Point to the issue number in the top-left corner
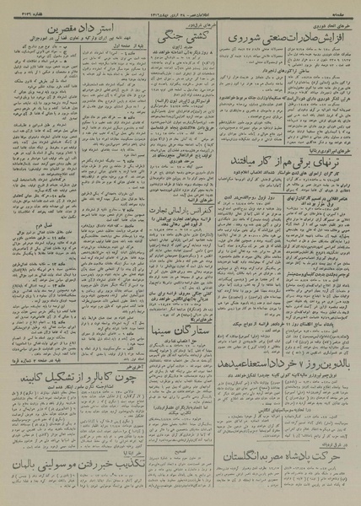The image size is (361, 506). click(x=22, y=6)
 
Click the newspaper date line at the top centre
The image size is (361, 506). click(x=180, y=6)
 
